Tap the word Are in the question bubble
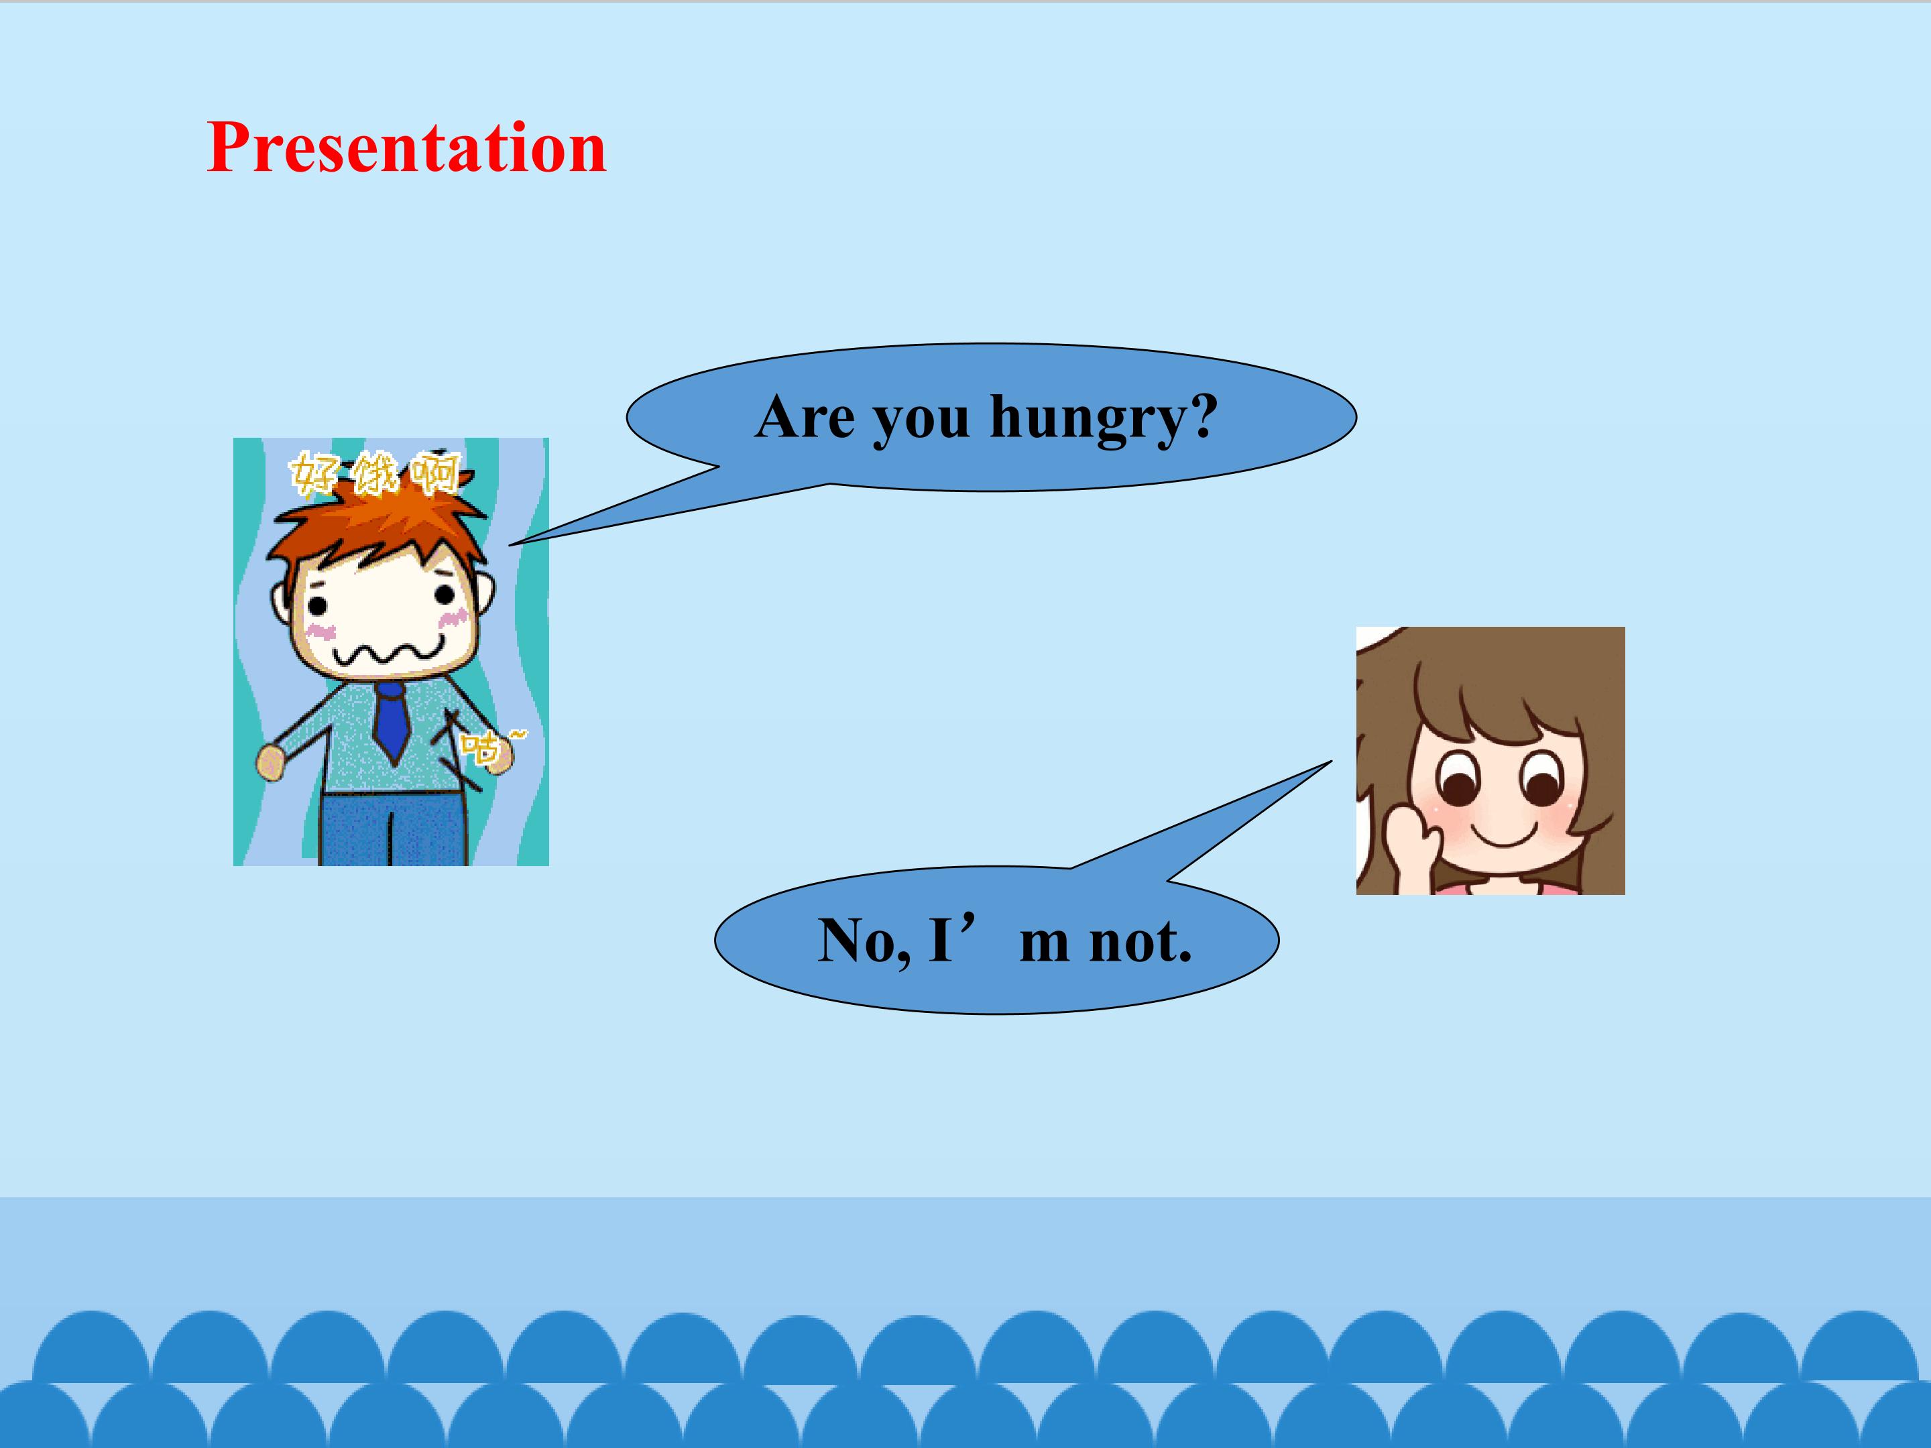pos(805,416)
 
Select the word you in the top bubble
pos(922,422)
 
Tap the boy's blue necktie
pos(392,720)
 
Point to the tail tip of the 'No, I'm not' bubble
pos(1332,761)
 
